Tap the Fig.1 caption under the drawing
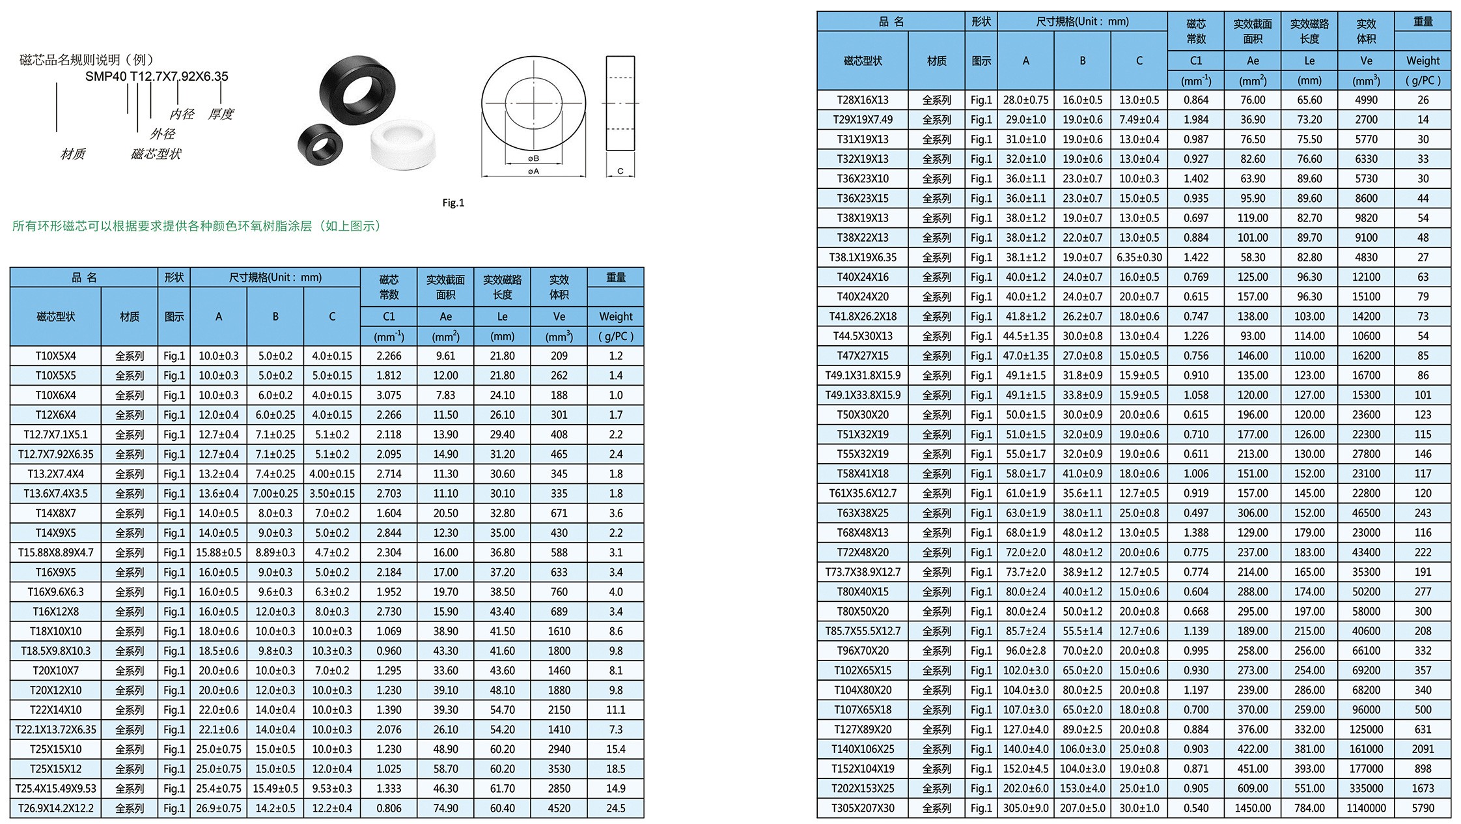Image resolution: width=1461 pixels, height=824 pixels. (x=453, y=203)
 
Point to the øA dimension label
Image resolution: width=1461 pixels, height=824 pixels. (x=534, y=171)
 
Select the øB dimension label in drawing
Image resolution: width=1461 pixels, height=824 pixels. (x=534, y=158)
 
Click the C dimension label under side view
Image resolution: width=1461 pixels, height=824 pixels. (x=620, y=171)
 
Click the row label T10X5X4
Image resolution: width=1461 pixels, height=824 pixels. (x=55, y=356)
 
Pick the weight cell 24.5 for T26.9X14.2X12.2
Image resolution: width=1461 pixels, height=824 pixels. (x=615, y=808)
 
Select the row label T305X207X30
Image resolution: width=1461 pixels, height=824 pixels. (x=862, y=808)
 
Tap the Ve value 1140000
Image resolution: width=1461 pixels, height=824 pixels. (x=1366, y=808)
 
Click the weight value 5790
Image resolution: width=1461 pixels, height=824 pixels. (x=1423, y=808)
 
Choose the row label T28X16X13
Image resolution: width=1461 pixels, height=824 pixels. (x=862, y=100)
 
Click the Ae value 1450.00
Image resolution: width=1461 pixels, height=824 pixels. (x=1253, y=808)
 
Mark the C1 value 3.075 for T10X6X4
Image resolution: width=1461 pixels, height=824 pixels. (x=389, y=395)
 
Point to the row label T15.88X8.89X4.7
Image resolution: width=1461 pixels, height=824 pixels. (x=55, y=552)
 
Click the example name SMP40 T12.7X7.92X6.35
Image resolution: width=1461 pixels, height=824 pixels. (x=157, y=76)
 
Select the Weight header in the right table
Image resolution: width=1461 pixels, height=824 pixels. (x=1423, y=61)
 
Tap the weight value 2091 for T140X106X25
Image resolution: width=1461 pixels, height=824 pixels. (x=1423, y=749)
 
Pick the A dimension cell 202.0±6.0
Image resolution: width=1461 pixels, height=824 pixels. (x=1025, y=789)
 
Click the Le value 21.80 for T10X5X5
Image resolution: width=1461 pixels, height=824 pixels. (x=502, y=376)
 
